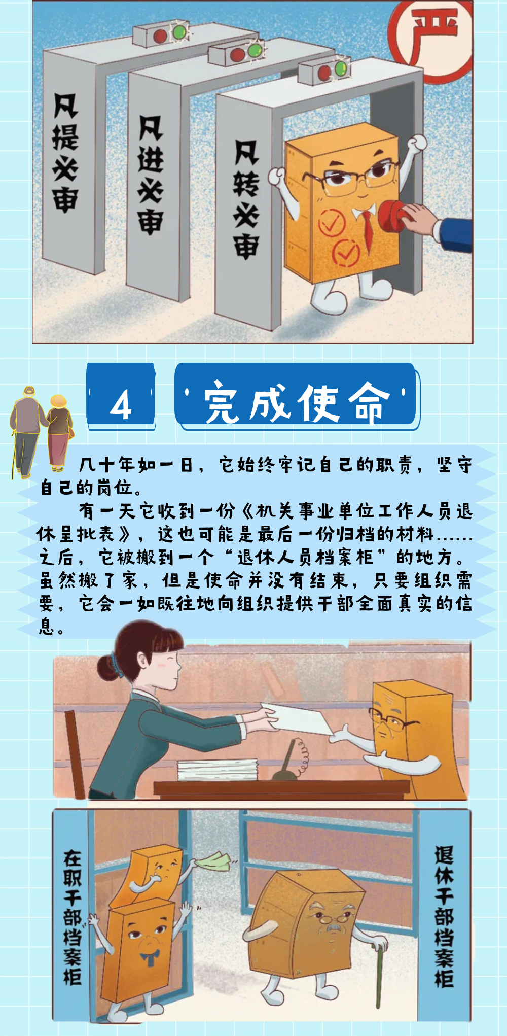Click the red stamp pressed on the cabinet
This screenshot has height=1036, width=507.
(x=393, y=216)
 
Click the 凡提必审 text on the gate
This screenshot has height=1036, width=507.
(x=65, y=152)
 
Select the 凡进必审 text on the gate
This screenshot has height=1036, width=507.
(x=151, y=175)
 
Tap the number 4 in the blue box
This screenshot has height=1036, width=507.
(x=121, y=405)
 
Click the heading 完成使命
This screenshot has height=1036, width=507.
(x=297, y=401)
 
